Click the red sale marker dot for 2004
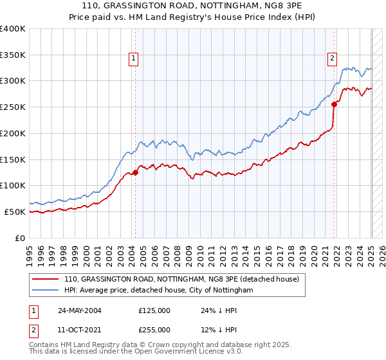click(136, 172)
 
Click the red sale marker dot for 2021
click(334, 104)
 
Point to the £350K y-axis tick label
click(12, 55)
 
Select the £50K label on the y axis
click(15, 212)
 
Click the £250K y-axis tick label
click(12, 107)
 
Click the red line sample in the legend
click(46, 280)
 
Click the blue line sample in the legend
click(46, 291)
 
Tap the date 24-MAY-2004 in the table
click(80, 310)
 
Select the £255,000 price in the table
click(154, 330)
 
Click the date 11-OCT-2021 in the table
click(80, 330)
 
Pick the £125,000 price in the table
click(154, 310)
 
